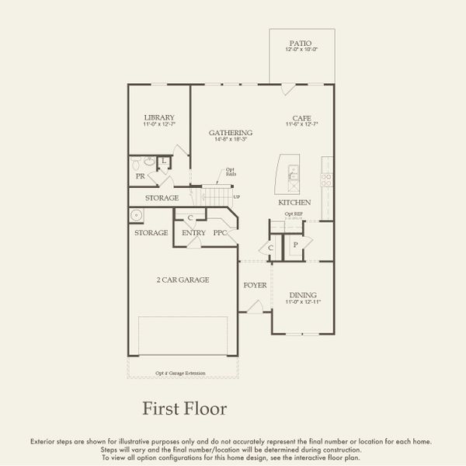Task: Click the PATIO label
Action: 302,43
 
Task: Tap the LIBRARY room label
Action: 158,118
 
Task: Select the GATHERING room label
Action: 230,133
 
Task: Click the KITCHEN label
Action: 294,203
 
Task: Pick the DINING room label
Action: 302,294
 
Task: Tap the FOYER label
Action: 255,285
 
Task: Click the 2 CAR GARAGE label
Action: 183,280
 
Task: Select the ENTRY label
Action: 193,233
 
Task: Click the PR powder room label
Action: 141,176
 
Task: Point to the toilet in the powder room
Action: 138,164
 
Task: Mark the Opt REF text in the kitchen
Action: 293,214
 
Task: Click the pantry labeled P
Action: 295,243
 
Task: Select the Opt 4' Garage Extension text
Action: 180,373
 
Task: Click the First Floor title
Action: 184,408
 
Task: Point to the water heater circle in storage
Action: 136,215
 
